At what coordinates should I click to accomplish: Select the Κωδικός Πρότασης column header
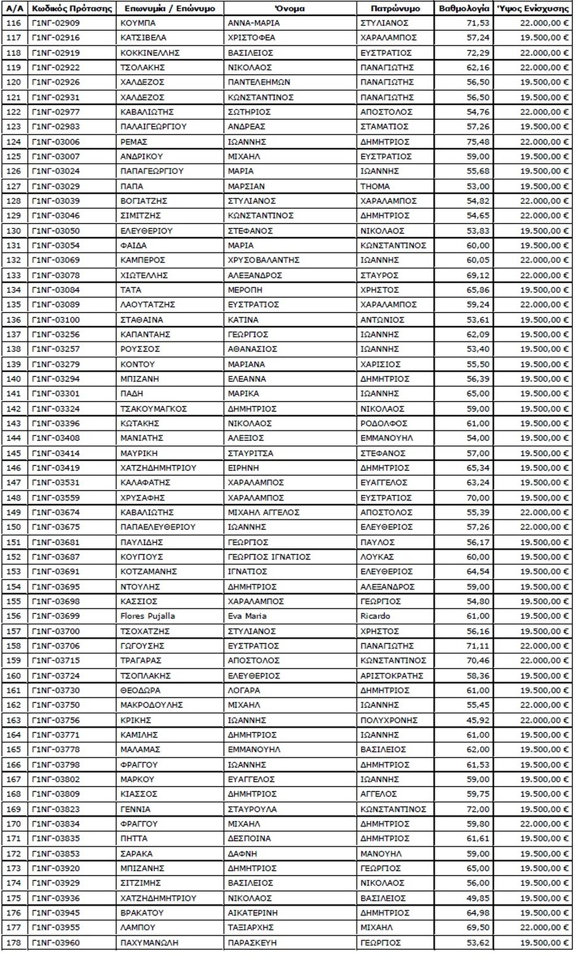tap(72, 9)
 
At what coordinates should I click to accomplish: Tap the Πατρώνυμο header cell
tap(395, 9)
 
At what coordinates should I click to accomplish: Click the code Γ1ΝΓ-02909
tap(56, 23)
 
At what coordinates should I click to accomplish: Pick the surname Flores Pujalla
tap(148, 616)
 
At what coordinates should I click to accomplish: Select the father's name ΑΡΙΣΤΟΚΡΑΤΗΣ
tap(392, 675)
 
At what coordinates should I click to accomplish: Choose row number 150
tap(14, 527)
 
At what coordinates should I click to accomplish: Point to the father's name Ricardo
tap(375, 616)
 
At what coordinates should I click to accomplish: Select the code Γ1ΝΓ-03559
tap(56, 498)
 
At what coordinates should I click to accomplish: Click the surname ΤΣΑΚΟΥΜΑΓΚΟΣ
tap(154, 409)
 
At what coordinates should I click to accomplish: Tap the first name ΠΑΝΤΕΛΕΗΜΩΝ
tap(259, 82)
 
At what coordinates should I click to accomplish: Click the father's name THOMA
tap(375, 186)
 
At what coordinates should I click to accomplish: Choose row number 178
tap(14, 942)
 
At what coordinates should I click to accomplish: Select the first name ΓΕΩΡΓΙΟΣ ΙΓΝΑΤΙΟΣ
tap(269, 557)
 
